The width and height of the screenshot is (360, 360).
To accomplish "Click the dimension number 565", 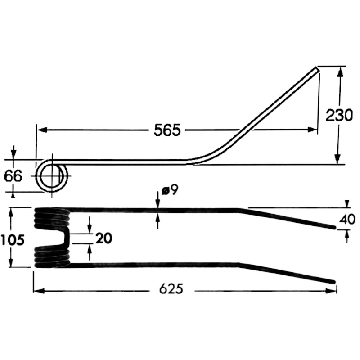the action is [167, 130].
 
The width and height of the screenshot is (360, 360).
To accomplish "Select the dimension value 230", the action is [339, 115].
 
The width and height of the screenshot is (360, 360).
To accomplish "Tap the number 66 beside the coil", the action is [13, 176].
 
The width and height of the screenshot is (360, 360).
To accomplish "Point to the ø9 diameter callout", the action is [170, 190].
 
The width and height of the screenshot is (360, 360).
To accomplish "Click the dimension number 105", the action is [13, 240].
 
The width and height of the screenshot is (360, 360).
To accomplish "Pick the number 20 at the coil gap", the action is [104, 238].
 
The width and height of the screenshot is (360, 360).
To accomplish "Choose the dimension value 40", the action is [347, 219].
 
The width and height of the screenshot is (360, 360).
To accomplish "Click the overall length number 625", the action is [171, 288].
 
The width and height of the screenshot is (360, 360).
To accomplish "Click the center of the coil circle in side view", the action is [52, 176].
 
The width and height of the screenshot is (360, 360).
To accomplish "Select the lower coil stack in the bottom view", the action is [52, 256].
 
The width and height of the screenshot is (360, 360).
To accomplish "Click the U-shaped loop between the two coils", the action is [64, 238].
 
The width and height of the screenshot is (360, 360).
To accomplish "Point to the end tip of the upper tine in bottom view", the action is [334, 227].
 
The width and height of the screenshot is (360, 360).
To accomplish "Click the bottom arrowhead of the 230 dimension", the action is [337, 159].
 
